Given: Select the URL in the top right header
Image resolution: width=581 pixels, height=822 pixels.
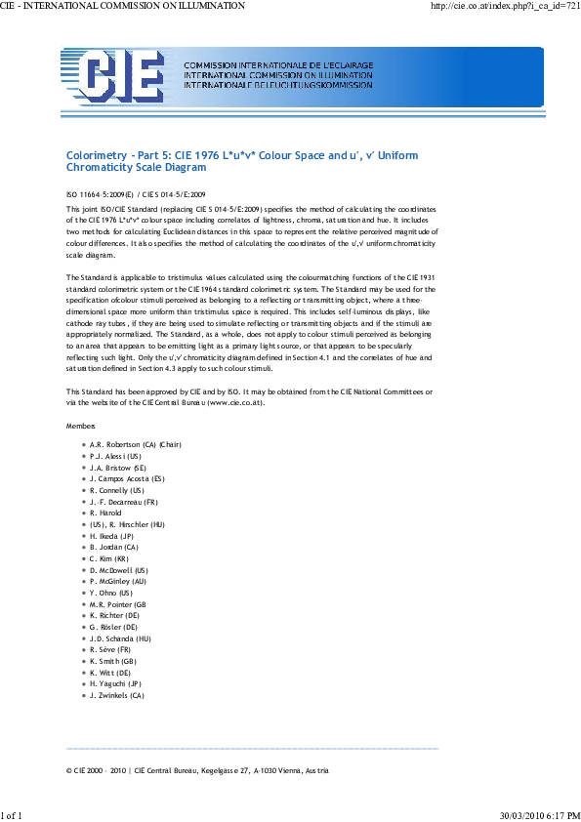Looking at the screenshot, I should pos(505,7).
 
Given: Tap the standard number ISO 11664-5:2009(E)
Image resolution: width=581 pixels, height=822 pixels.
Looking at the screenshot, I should pos(100,195).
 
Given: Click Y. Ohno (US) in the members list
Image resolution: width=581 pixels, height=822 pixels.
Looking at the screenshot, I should pos(110,593).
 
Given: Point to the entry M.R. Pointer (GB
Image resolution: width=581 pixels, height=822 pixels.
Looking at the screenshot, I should pos(117,604).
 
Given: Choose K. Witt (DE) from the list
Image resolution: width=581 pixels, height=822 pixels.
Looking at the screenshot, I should pos(110,673).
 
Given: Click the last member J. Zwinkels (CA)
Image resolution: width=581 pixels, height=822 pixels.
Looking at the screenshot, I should pos(116,696).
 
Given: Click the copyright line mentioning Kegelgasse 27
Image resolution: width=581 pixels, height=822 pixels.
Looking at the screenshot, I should pos(197,770).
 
